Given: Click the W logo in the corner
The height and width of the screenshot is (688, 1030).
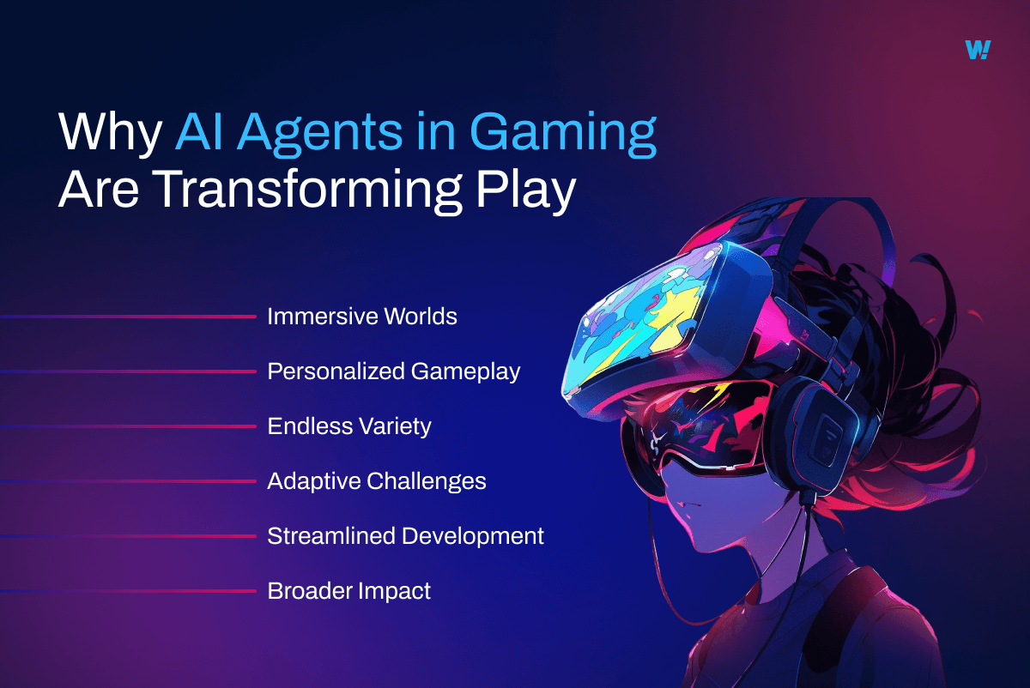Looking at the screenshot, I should point(977,50).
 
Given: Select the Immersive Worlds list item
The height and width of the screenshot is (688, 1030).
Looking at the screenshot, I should point(361,317).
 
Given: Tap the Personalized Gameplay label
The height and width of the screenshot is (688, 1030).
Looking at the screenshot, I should point(393,371).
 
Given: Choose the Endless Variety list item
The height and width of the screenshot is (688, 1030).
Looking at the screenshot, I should point(348,426).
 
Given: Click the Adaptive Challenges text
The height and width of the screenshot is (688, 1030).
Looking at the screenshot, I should point(376,481).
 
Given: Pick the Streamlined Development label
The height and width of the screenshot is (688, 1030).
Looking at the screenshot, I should point(405,536).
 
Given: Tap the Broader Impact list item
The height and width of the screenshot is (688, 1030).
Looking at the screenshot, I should point(348,591).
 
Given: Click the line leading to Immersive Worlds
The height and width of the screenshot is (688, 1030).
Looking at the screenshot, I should point(129,317).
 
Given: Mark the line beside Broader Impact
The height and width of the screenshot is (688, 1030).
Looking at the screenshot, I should point(129,591).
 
